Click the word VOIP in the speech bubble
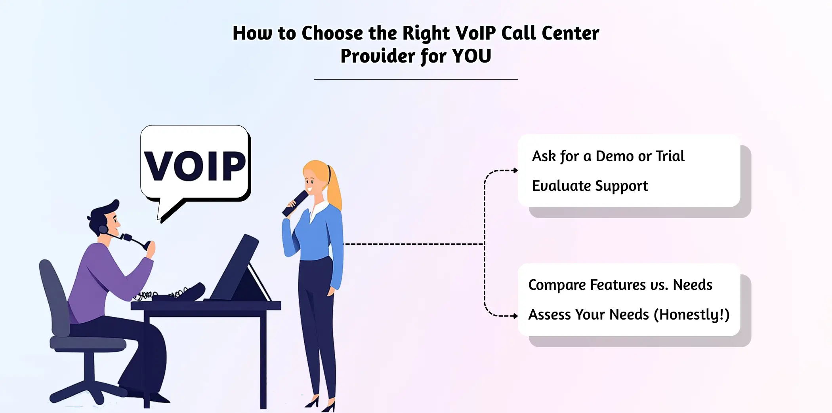point(195,166)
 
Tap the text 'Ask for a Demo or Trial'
point(608,156)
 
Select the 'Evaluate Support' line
point(590,186)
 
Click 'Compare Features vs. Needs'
point(620,285)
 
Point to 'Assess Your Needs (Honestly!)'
point(629,314)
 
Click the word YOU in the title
point(471,56)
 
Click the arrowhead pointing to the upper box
point(515,171)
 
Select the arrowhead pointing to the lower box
point(515,316)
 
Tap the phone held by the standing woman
point(295,203)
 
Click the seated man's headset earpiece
point(103,229)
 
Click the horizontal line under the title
point(416,79)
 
